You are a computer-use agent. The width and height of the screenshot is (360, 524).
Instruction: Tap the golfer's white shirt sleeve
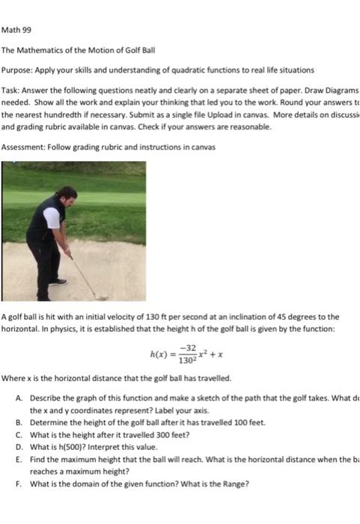click(x=52, y=218)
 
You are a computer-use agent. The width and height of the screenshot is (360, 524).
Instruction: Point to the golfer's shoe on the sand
click(x=59, y=281)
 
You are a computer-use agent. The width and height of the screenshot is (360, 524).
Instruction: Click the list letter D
click(x=18, y=447)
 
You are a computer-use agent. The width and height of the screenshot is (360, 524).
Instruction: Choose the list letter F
click(x=18, y=483)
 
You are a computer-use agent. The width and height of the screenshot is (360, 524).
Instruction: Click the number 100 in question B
click(x=228, y=423)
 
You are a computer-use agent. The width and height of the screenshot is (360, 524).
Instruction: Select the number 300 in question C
click(x=150, y=435)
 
